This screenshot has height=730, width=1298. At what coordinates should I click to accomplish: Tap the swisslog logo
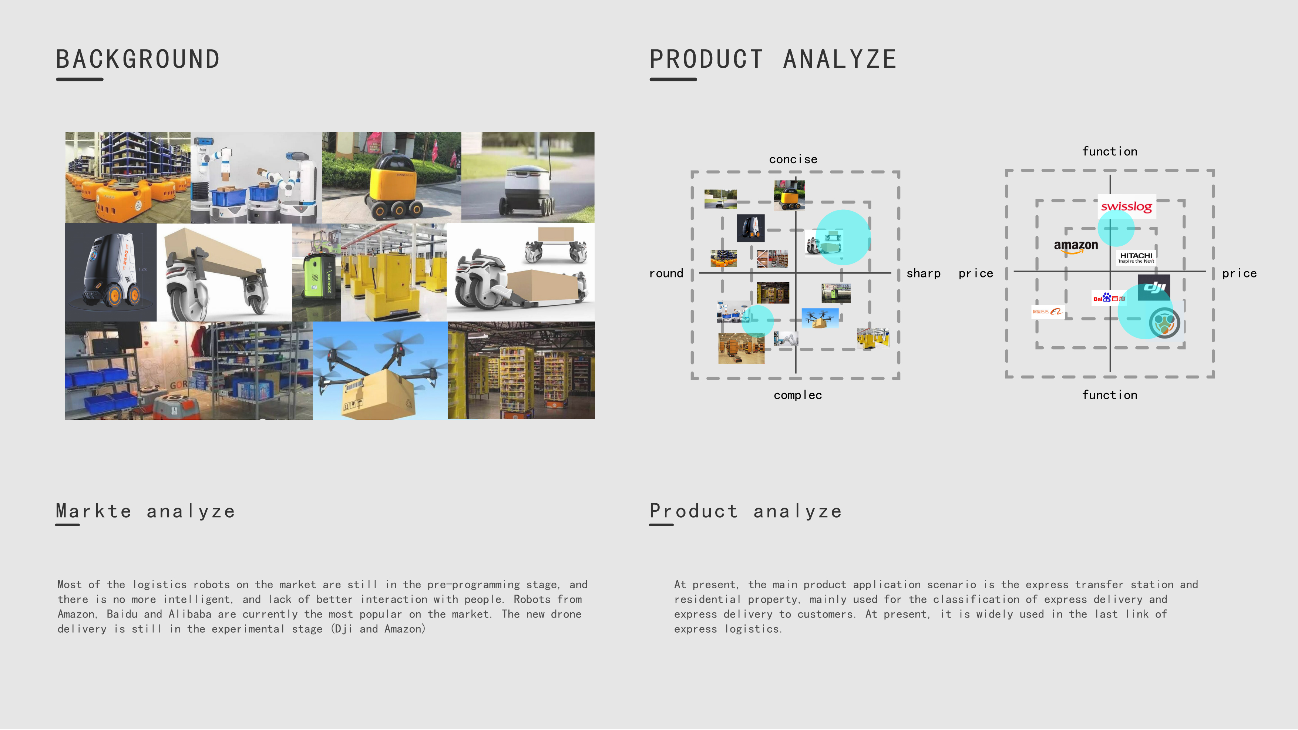click(1126, 206)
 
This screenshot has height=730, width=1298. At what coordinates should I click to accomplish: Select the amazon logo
click(1075, 246)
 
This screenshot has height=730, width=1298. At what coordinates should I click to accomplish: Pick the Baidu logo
click(1108, 298)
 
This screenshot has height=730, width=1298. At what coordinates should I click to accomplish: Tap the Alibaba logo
click(1047, 312)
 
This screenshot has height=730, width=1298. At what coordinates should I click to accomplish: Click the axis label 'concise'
click(793, 159)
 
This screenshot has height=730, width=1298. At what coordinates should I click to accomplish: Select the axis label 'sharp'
click(923, 273)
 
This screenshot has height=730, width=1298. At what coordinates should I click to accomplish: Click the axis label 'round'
click(666, 273)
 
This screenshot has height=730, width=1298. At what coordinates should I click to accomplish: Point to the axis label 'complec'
click(798, 395)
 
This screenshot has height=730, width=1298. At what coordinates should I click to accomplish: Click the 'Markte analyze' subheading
click(145, 511)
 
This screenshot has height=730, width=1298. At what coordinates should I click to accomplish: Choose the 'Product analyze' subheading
click(745, 511)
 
